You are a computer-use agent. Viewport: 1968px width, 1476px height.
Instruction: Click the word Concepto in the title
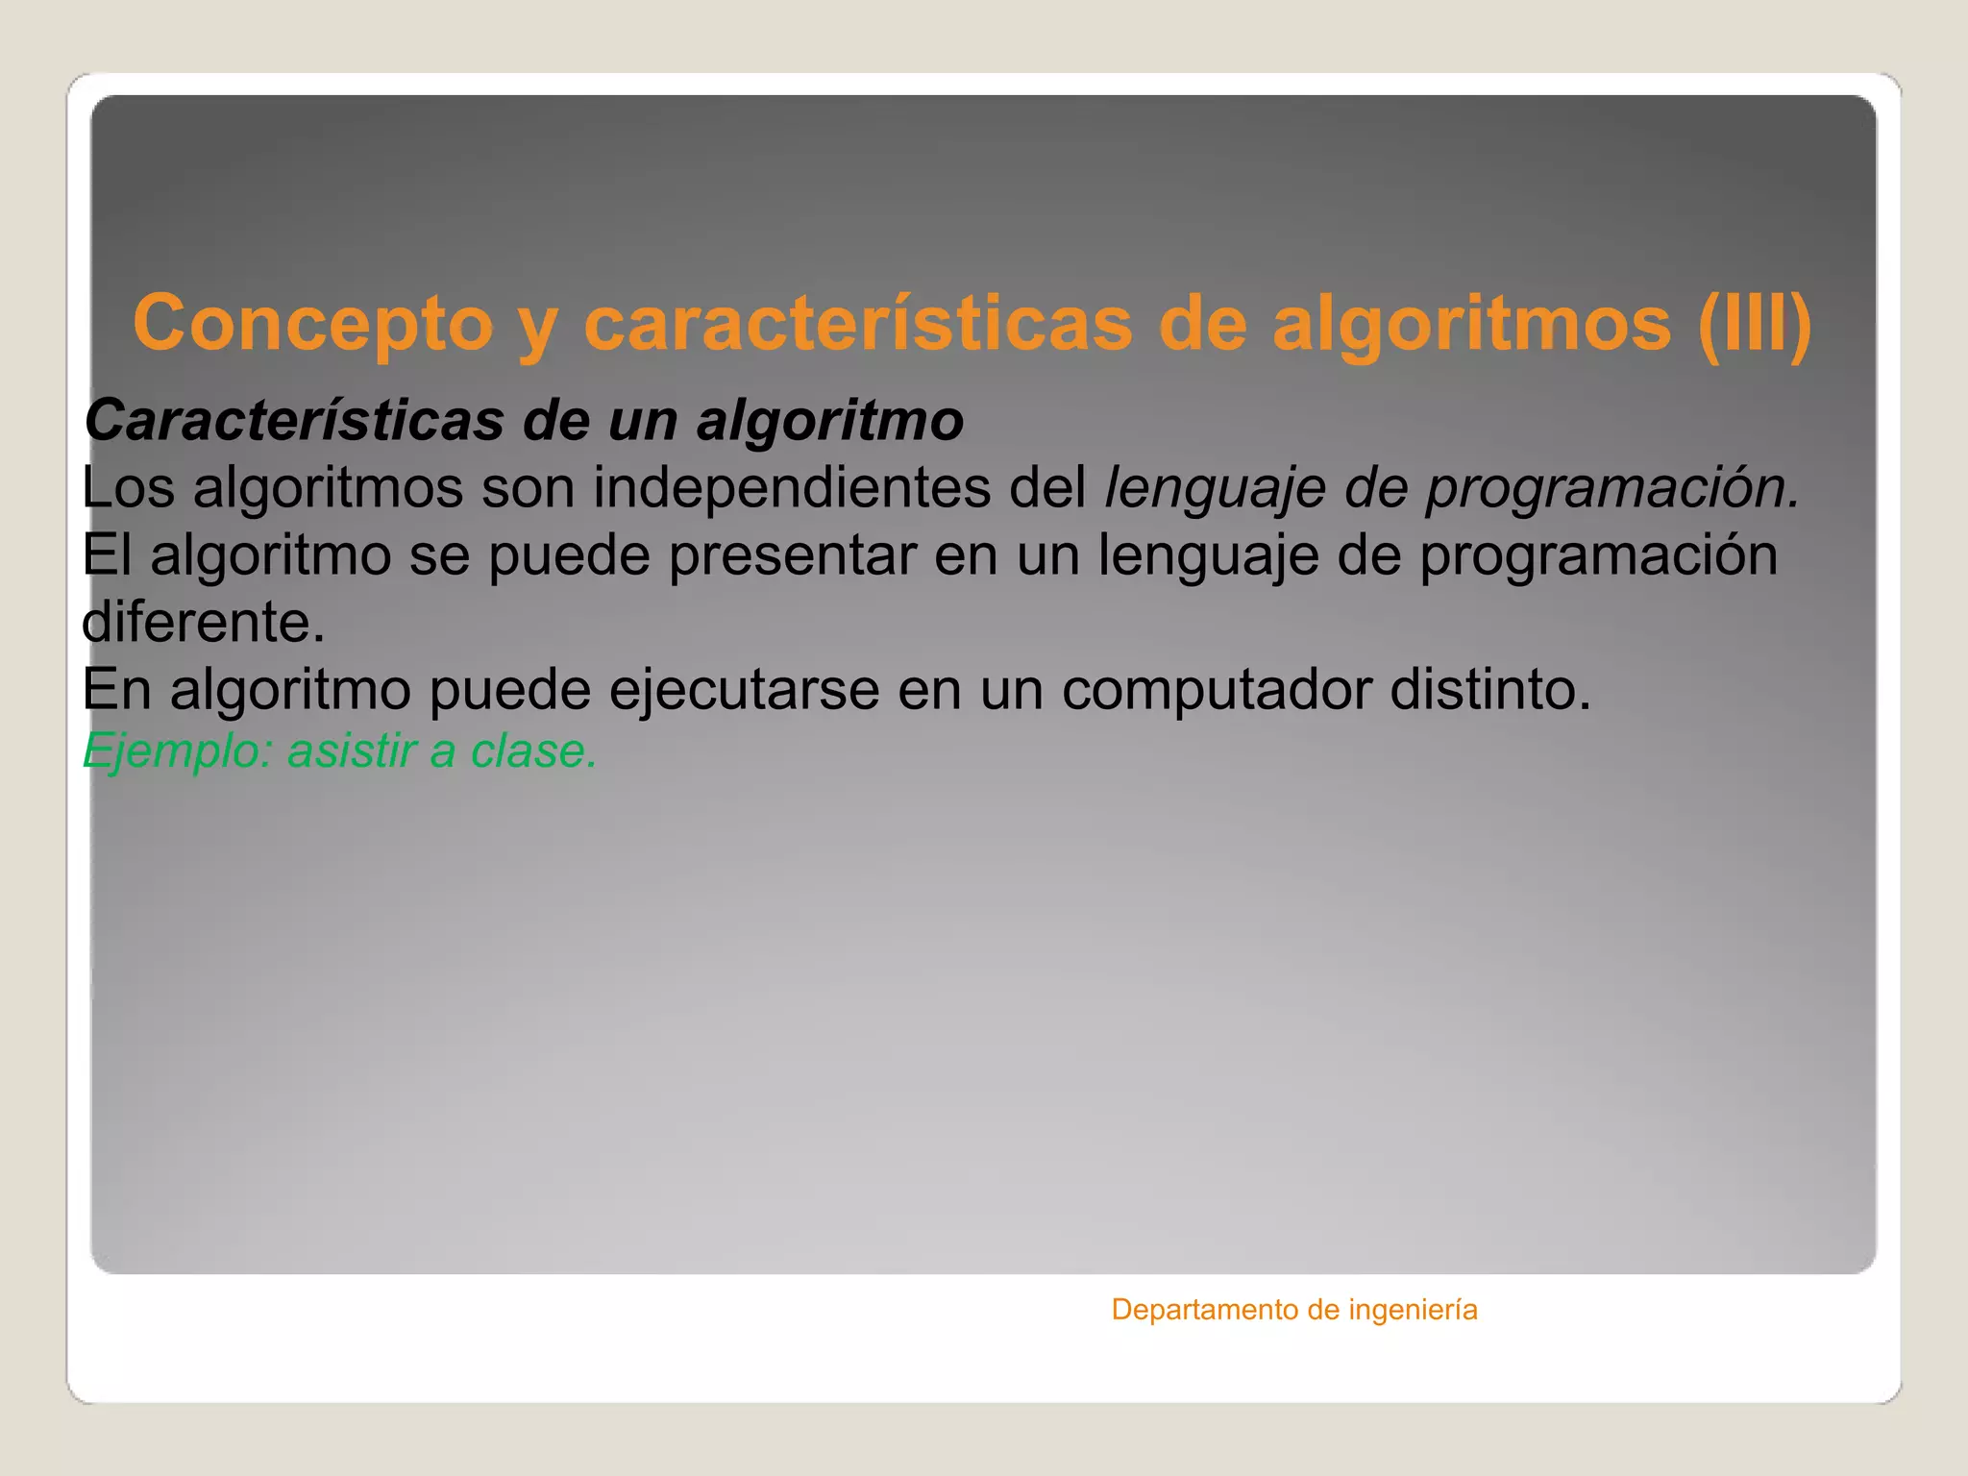313,324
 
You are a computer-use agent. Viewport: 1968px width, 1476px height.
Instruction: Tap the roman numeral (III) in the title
1754,324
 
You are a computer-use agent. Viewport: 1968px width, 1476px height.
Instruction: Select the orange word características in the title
858,324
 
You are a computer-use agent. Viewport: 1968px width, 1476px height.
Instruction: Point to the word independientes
792,487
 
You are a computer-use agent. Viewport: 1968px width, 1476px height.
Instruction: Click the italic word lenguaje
1215,489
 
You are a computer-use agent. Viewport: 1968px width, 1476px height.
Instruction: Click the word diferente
203,622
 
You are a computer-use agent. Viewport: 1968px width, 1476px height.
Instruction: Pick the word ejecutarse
744,689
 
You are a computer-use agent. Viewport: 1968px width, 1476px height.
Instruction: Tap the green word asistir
350,750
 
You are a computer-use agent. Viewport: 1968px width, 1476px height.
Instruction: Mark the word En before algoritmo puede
116,689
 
